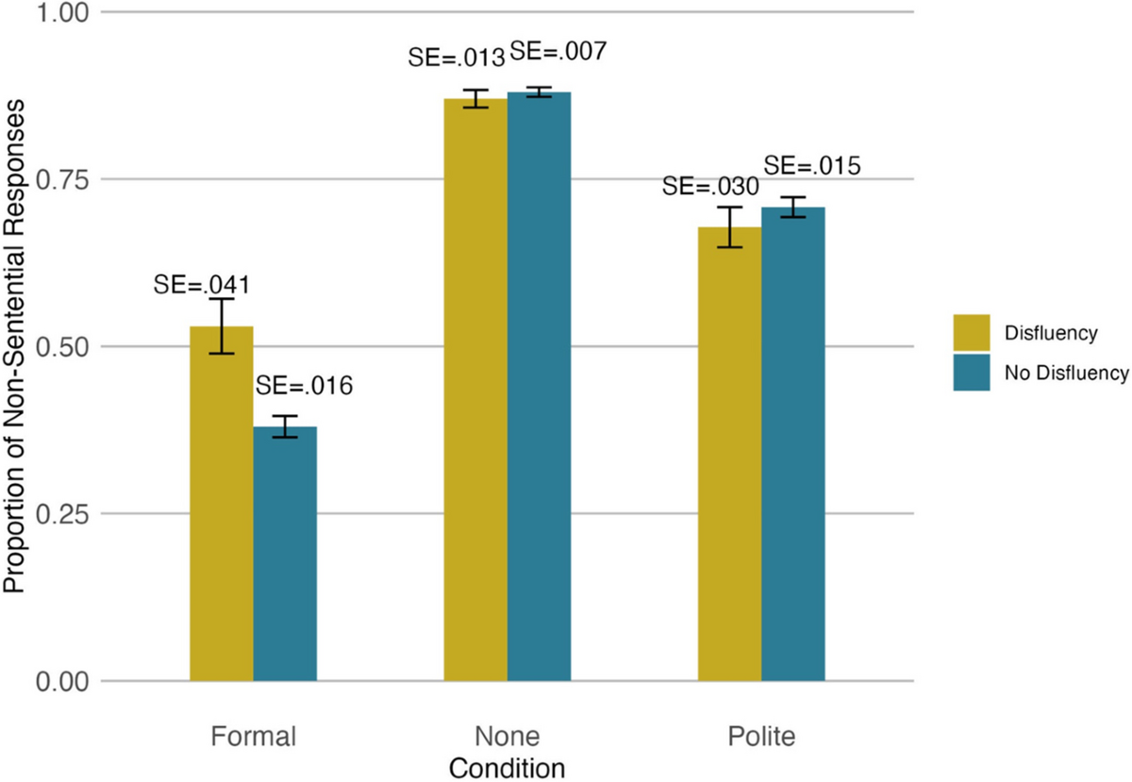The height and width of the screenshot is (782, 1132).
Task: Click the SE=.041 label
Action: coord(202,283)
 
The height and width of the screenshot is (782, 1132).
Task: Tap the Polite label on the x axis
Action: coord(761,736)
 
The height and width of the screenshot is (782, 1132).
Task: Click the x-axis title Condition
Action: coord(507,767)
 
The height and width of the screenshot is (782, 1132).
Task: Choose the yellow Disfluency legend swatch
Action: coord(972,332)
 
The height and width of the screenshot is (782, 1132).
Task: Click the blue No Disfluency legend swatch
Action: coord(972,373)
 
